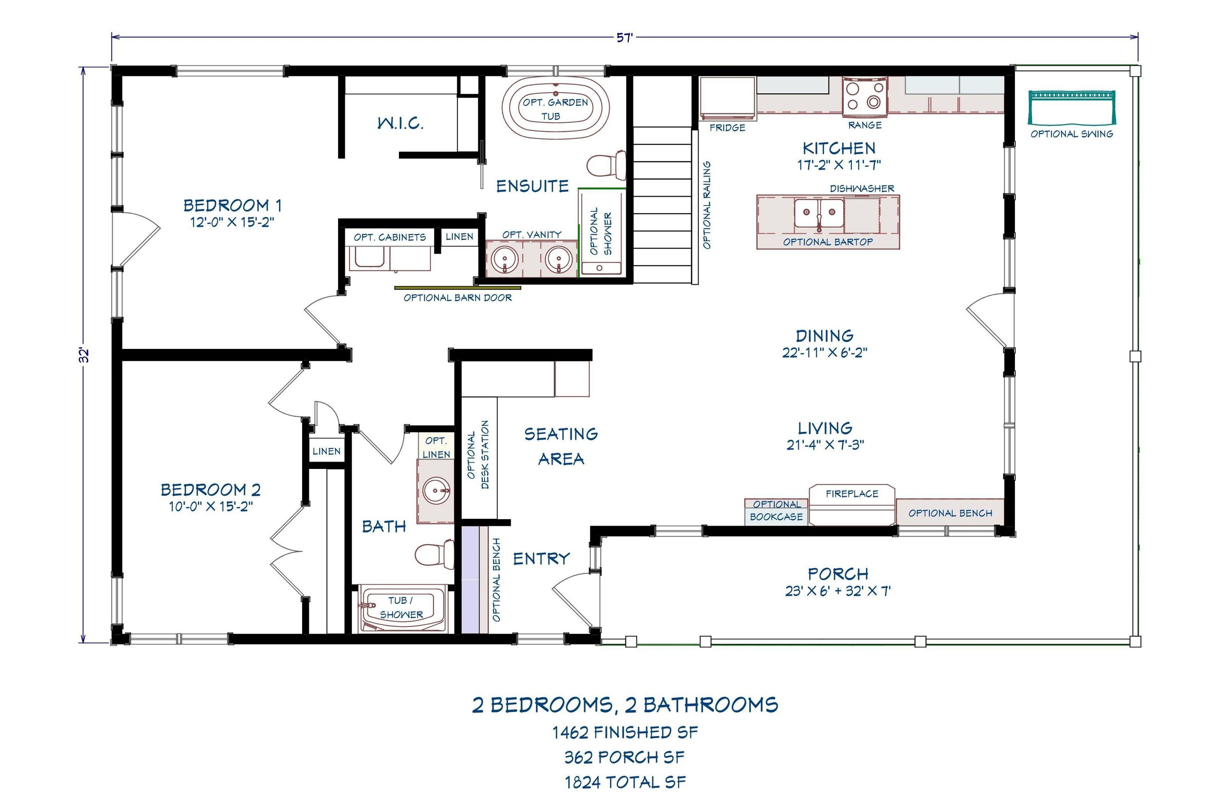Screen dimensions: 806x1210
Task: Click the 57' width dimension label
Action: click(x=624, y=37)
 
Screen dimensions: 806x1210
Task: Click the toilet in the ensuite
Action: click(x=606, y=165)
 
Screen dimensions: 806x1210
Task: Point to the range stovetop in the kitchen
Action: click(x=864, y=96)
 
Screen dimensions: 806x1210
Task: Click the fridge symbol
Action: click(x=727, y=97)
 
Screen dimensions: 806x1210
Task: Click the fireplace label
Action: click(x=852, y=494)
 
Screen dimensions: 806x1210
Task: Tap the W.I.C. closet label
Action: click(x=400, y=123)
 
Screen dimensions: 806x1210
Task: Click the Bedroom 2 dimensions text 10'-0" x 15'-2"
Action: click(x=211, y=506)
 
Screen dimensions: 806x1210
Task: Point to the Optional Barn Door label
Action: click(x=457, y=298)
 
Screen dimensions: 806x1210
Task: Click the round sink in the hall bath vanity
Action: click(x=436, y=490)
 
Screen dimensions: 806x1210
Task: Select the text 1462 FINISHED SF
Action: click(x=625, y=732)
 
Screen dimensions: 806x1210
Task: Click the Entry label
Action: click(x=541, y=558)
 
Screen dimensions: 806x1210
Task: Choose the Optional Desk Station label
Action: click(x=478, y=455)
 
